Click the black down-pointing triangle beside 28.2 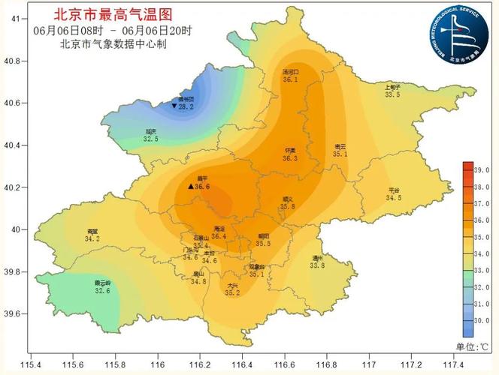(x=174, y=106)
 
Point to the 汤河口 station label (x=290, y=71)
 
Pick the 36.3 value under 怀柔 (x=290, y=158)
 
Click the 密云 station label (x=340, y=146)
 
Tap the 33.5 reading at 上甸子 (x=392, y=95)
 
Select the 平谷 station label (x=395, y=190)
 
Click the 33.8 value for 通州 (x=318, y=265)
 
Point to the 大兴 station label (x=232, y=286)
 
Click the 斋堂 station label (x=92, y=231)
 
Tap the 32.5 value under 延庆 (x=151, y=139)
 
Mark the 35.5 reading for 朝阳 (x=263, y=243)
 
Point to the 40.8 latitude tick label (x=15, y=61)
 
